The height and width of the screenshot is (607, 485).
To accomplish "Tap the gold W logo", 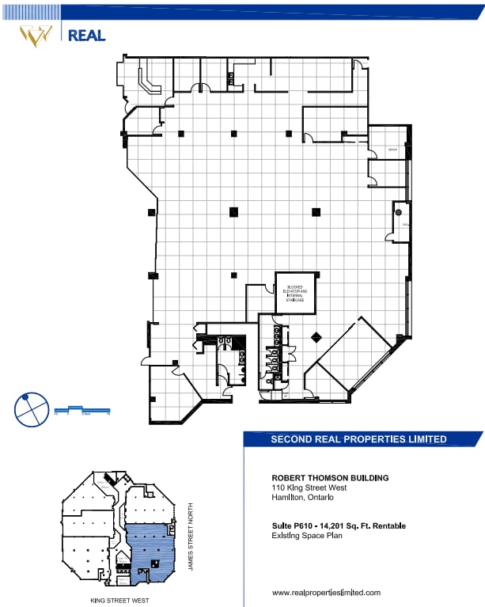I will click(x=36, y=34).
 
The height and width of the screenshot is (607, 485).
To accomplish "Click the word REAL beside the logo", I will click(x=86, y=35).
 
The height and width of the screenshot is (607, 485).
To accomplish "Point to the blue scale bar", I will click(x=81, y=410).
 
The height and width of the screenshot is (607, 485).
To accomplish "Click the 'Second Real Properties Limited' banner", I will click(x=358, y=439).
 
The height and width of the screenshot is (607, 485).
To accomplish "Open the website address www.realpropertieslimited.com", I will click(x=326, y=592).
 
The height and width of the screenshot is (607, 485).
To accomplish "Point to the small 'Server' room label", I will click(x=392, y=150).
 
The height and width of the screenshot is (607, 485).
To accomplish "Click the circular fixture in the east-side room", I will click(x=399, y=212).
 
